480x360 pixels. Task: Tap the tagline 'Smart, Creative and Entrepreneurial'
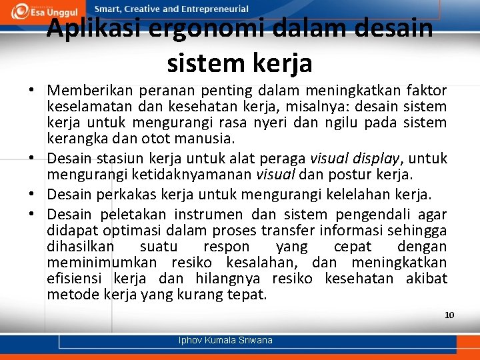point(171,9)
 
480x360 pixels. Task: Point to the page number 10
point(449,315)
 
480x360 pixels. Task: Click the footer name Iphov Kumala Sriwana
point(225,341)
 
